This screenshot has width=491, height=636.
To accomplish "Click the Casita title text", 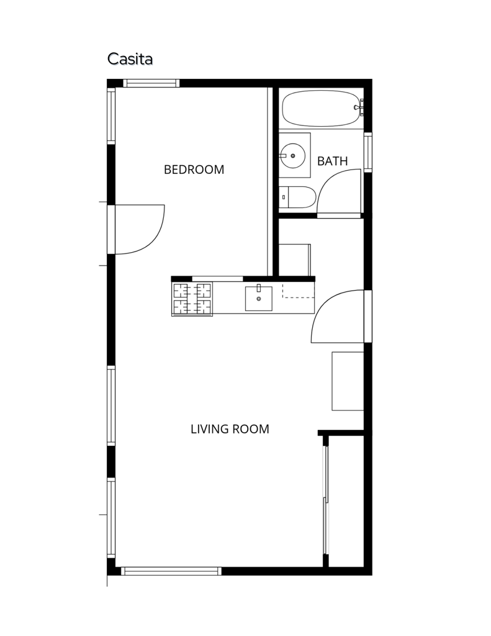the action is pyautogui.click(x=130, y=59).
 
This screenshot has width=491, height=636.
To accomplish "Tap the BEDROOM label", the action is pyautogui.click(x=194, y=170).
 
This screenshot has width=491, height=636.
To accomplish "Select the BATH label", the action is pyautogui.click(x=333, y=161).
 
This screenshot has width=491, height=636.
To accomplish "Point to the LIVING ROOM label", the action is pyautogui.click(x=230, y=429).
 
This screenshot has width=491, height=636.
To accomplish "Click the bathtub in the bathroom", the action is pyautogui.click(x=321, y=108).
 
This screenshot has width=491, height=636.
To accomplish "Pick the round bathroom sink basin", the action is pyautogui.click(x=293, y=155).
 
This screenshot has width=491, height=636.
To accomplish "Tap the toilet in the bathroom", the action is pyautogui.click(x=297, y=198).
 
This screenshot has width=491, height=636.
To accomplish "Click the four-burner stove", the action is pyautogui.click(x=192, y=299).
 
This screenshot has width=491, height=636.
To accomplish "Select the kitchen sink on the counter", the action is pyautogui.click(x=259, y=298).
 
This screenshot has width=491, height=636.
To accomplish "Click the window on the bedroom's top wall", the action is pyautogui.click(x=151, y=83).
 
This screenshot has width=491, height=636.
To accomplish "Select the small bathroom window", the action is pyautogui.click(x=367, y=152).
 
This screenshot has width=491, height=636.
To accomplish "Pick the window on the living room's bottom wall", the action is pyautogui.click(x=171, y=571).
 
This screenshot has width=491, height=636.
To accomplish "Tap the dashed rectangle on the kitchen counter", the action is pyautogui.click(x=298, y=292).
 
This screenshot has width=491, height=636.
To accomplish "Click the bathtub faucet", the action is pyautogui.click(x=359, y=107).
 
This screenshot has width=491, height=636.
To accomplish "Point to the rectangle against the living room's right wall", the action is pyautogui.click(x=348, y=381).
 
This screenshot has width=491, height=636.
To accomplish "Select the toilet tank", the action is pyautogui.click(x=284, y=198).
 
